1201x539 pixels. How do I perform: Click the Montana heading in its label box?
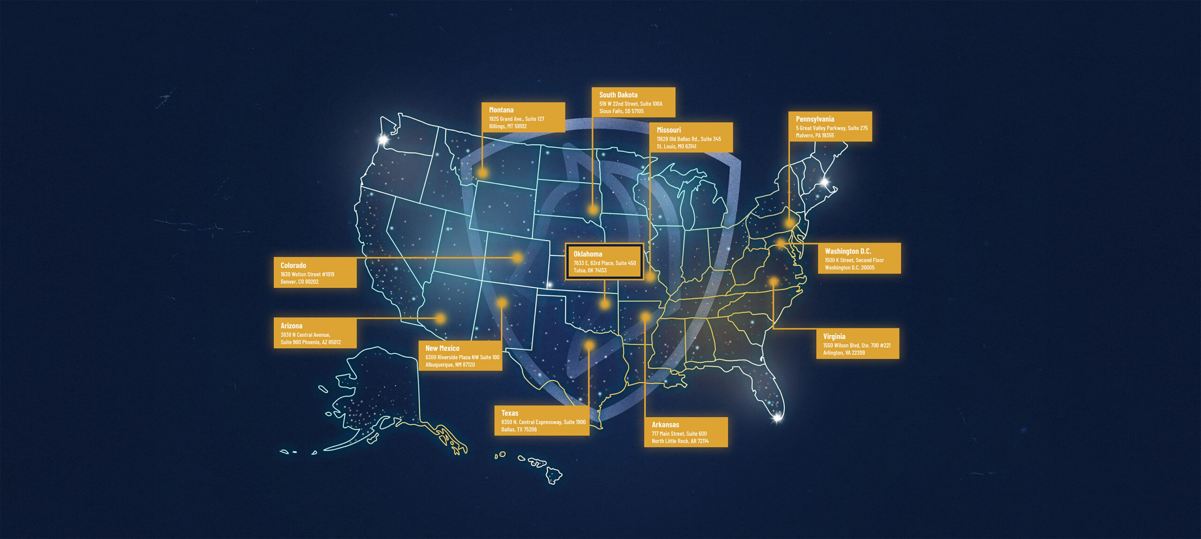501,110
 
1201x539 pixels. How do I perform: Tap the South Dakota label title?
618,95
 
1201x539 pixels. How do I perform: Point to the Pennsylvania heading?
814,119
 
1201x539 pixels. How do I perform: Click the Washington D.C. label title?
848,251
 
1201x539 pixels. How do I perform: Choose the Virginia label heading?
834,337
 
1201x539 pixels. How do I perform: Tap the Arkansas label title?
665,425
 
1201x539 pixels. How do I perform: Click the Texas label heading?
509,413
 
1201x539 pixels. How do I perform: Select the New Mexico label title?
442,348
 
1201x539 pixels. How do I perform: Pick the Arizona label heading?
291,326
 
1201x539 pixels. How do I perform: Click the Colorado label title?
293,265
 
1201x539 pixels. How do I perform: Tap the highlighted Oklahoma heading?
587,254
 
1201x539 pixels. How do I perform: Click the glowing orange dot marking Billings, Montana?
482,173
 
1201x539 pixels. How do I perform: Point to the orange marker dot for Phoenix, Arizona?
440,318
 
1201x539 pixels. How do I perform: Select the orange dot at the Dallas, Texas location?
589,345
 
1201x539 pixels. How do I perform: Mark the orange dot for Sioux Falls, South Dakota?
593,210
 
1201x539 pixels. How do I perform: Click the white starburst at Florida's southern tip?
777,417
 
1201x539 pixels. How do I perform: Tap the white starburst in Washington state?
383,139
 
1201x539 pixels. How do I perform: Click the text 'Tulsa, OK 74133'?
590,270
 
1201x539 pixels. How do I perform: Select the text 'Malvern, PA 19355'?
814,135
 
